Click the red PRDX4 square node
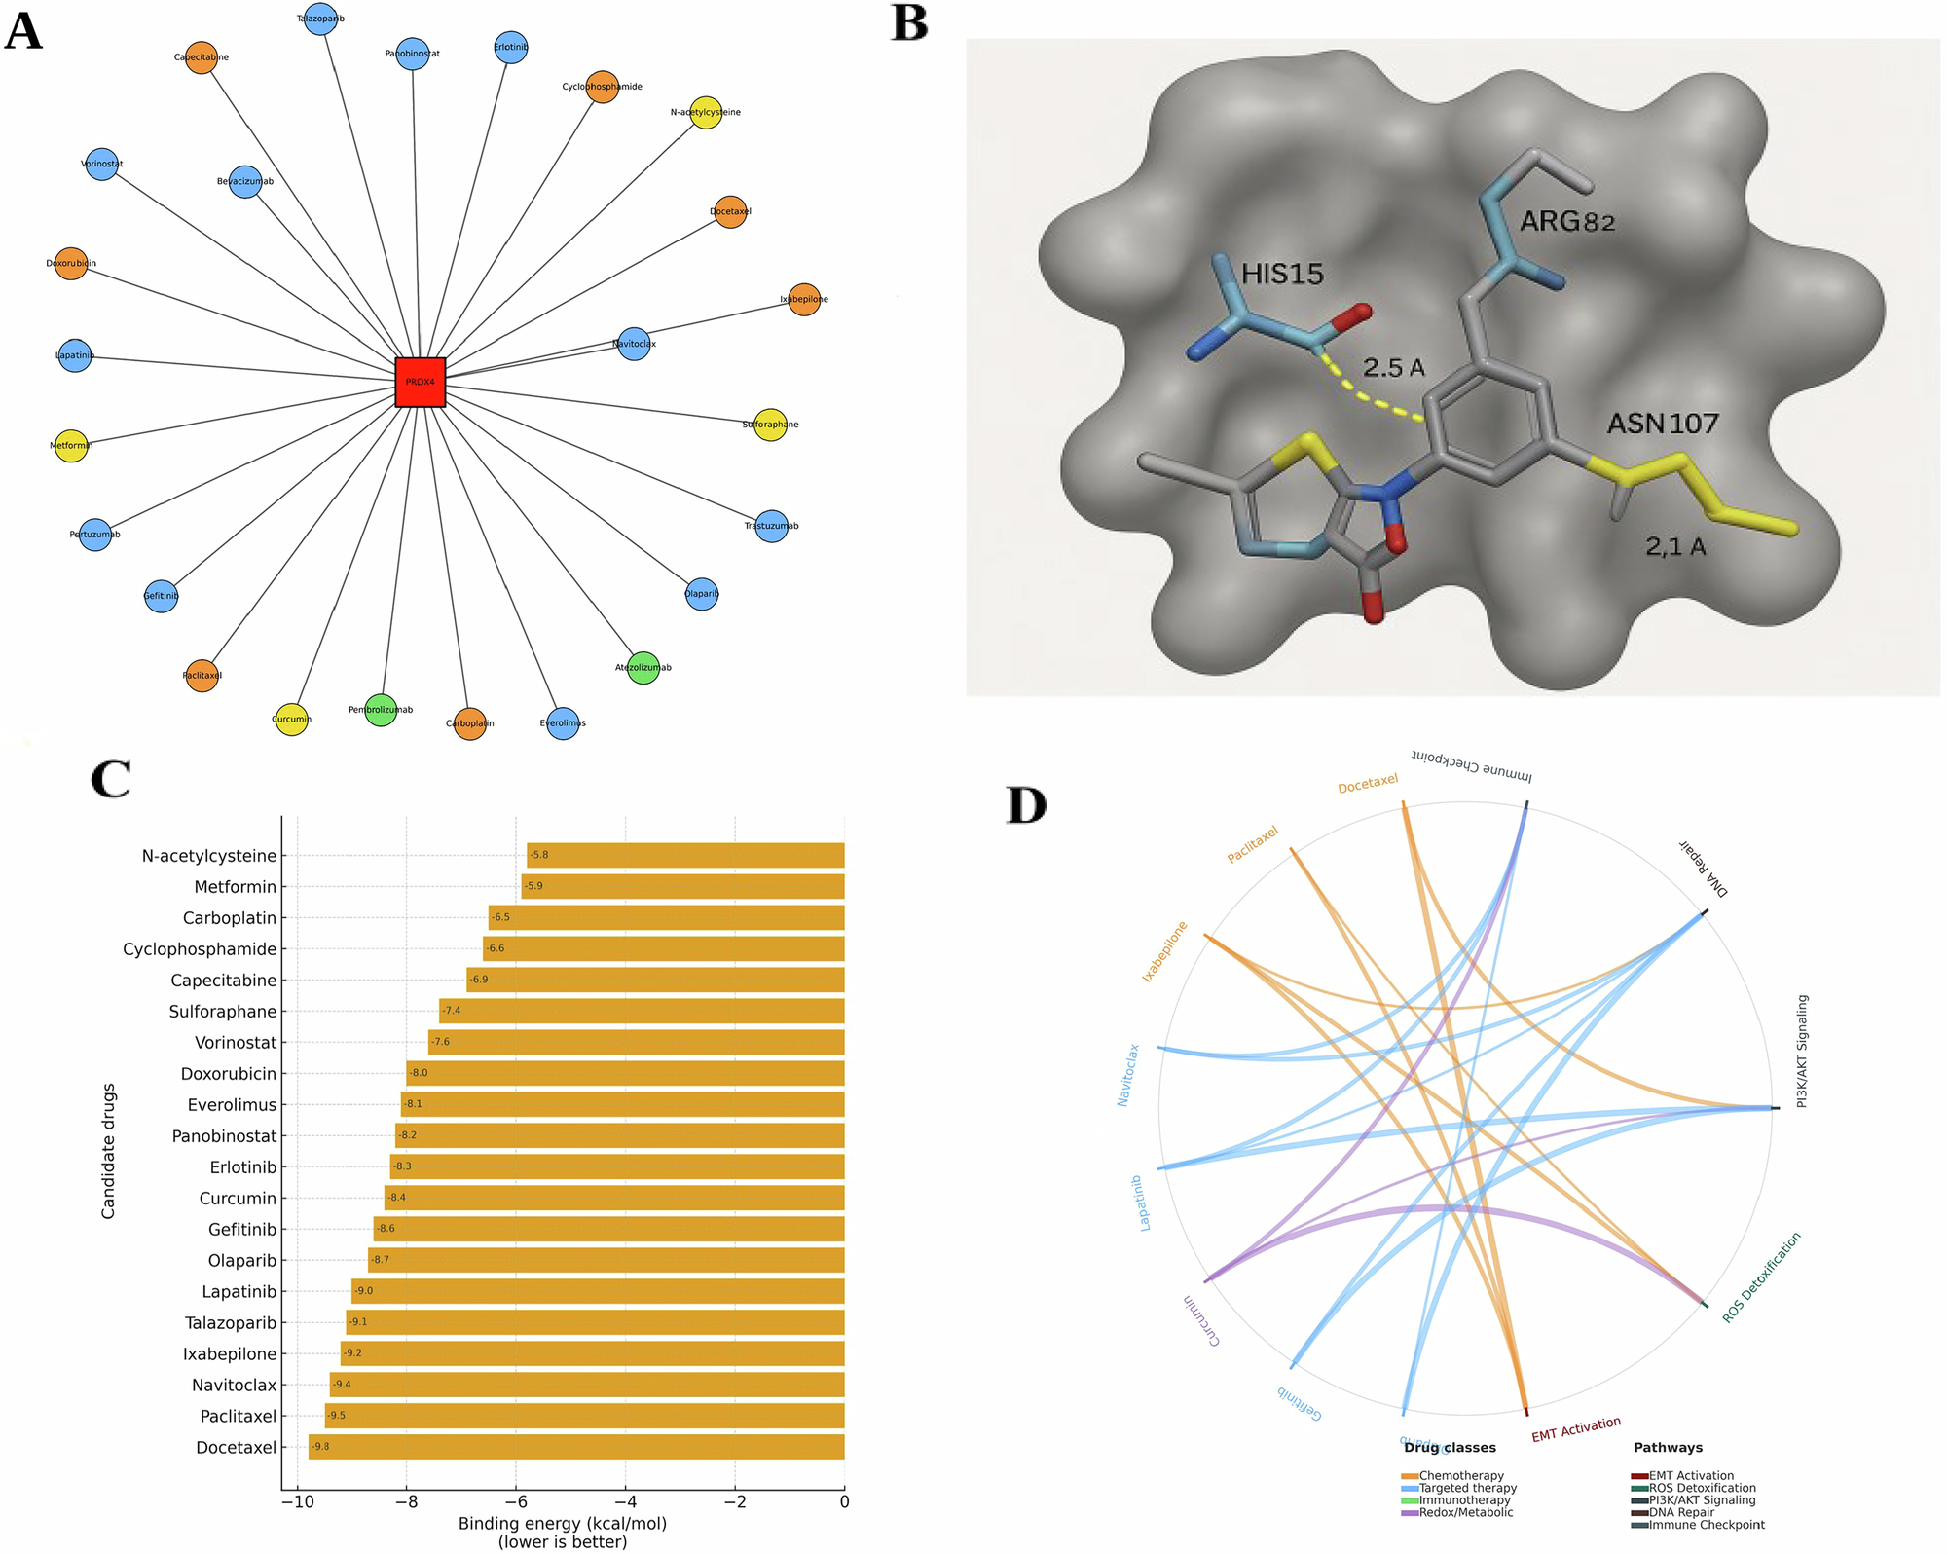(421, 382)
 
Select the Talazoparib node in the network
(320, 18)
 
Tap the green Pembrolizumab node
(381, 710)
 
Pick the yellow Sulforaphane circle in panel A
(770, 425)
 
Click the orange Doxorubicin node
(71, 263)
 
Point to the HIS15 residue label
(1282, 275)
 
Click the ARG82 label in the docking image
(1567, 222)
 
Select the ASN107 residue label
(1663, 424)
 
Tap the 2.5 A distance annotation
(1393, 368)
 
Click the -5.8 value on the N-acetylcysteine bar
(538, 855)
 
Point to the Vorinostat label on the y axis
(236, 1043)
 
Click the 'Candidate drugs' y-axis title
(108, 1150)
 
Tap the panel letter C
(110, 779)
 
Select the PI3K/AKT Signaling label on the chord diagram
(1802, 1052)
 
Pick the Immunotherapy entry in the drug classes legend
(1464, 1500)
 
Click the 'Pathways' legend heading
(1668, 1448)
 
